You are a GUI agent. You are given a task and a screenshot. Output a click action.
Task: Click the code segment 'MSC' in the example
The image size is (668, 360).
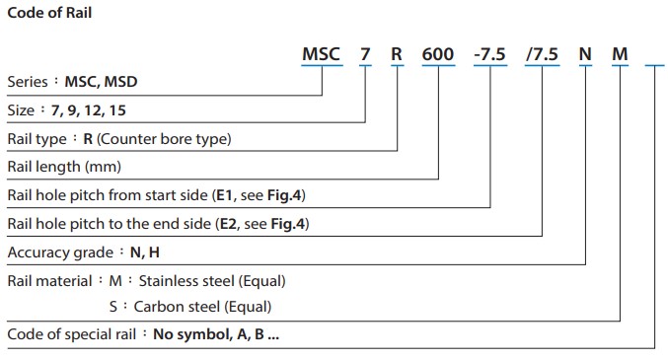pos(321,54)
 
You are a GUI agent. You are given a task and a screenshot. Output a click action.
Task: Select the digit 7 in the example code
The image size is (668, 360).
pos(365,54)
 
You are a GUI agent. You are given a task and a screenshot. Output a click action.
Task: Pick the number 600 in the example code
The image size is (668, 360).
pos(438,54)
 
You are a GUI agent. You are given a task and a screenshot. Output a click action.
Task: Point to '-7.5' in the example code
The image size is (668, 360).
pos(490,54)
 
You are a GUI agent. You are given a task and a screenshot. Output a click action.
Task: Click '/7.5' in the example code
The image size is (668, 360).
pos(543,54)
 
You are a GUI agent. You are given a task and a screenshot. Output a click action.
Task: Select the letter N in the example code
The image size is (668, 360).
pos(585,54)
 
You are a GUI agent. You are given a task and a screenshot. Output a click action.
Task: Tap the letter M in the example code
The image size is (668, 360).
pos(620,54)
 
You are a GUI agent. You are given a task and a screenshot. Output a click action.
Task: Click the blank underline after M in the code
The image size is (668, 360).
pos(655,65)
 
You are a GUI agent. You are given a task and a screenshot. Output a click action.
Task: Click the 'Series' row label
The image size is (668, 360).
pos(27,81)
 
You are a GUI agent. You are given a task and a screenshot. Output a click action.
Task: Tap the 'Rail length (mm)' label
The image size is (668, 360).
pos(58,167)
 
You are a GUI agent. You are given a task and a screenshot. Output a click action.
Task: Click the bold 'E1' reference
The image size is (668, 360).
pos(222,195)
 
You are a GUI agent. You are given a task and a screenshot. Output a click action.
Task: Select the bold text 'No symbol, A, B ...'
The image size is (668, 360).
pos(216,334)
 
